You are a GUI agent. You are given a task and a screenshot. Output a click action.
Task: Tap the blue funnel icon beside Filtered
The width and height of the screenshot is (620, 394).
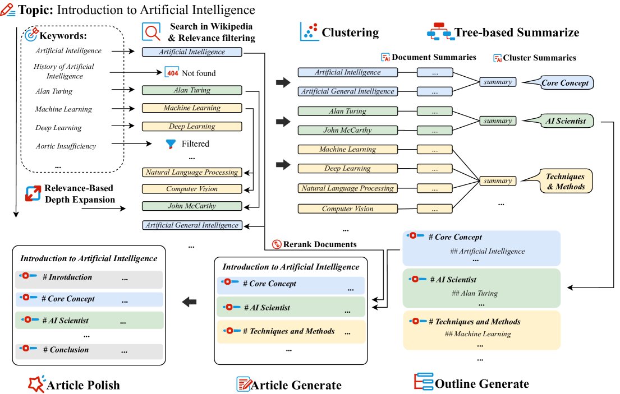point(171,144)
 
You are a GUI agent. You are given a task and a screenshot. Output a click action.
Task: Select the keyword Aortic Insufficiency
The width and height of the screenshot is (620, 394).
point(66,146)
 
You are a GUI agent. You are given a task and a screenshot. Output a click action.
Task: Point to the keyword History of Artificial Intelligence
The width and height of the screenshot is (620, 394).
point(63,71)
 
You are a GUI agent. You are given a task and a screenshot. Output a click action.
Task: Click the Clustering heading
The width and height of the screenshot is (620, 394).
point(350,33)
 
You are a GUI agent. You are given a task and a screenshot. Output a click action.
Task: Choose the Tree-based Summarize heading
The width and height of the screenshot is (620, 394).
point(516,33)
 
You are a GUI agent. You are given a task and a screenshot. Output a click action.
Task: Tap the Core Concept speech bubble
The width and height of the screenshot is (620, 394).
point(564,83)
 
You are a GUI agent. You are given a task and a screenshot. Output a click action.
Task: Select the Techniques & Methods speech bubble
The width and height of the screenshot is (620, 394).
point(565,180)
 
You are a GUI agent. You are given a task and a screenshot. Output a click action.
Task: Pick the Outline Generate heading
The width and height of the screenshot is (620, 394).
point(481,383)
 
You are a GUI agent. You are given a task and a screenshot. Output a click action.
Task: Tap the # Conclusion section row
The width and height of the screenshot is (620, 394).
point(90,350)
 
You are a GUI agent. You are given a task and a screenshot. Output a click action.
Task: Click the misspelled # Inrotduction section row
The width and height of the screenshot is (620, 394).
point(90,277)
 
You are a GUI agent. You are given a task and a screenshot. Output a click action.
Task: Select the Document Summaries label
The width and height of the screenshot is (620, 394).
point(434,57)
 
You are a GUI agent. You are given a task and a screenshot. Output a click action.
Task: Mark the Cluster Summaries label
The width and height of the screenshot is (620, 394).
point(539,58)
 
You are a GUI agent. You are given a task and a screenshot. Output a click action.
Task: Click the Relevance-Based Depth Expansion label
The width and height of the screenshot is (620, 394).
point(81,194)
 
